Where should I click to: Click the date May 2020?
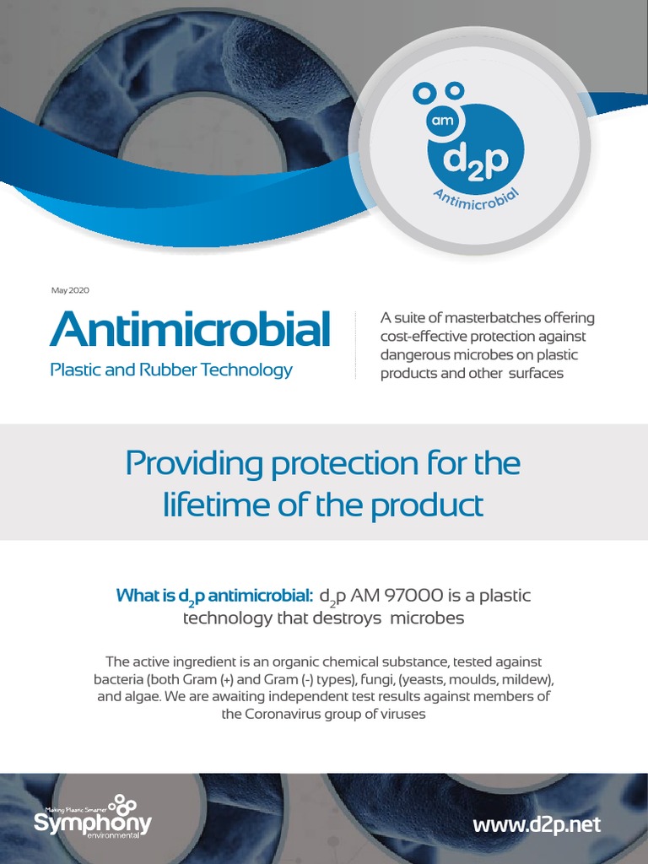(70, 290)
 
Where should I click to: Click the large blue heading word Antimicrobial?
(190, 330)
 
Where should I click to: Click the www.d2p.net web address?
(537, 823)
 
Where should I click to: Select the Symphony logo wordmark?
(93, 823)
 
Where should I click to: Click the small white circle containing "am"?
(443, 121)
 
